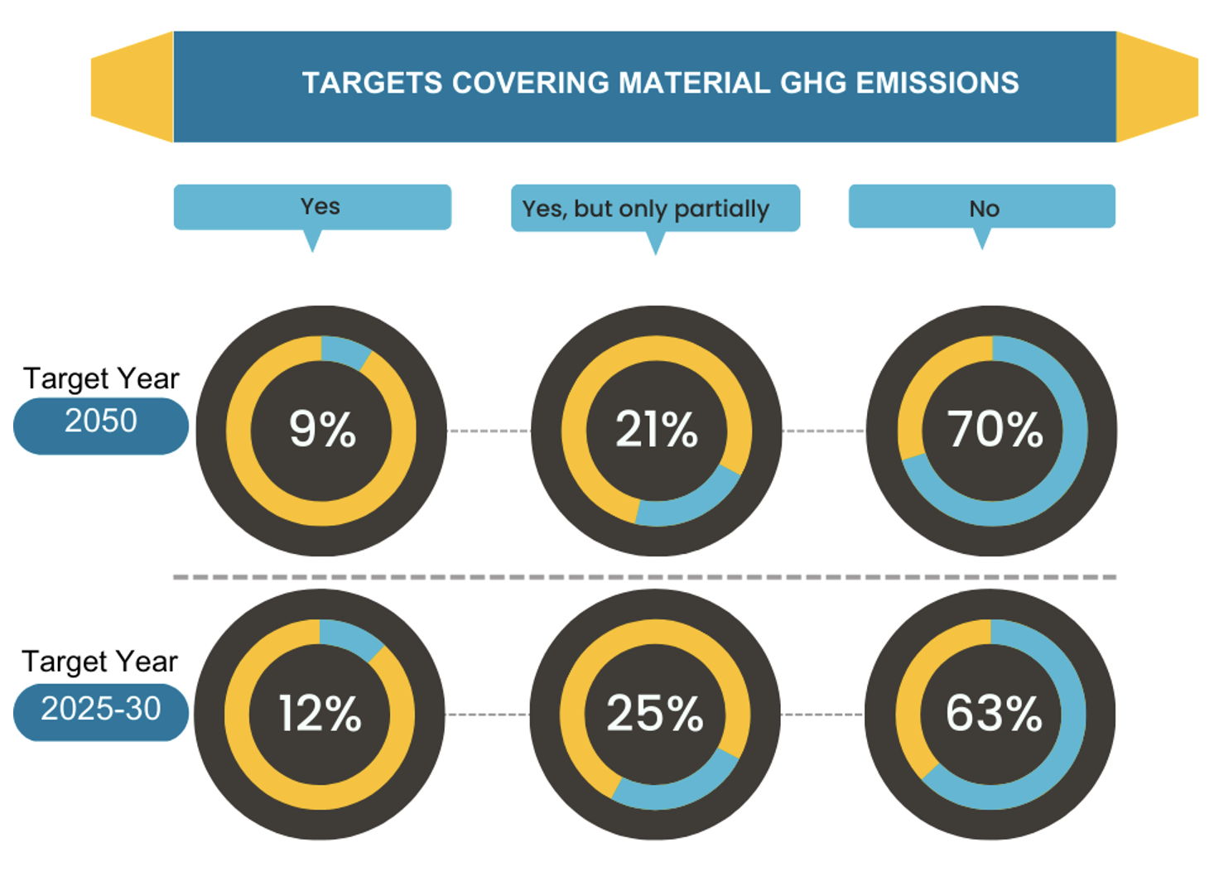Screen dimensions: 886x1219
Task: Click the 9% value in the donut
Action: click(322, 429)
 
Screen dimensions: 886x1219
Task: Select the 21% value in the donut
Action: click(656, 429)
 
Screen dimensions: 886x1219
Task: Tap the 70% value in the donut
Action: click(995, 429)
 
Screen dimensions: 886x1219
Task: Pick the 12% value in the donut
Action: click(320, 713)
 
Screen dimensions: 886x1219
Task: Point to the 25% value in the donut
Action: click(654, 713)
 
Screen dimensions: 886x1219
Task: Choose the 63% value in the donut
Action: click(993, 713)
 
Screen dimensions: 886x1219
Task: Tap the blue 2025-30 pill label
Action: click(101, 710)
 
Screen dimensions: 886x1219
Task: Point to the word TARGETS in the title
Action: click(372, 84)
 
